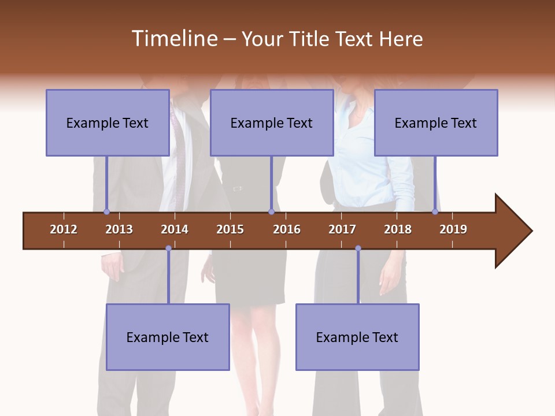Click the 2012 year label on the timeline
coord(64,229)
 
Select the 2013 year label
coord(119,229)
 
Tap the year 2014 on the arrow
coord(175,229)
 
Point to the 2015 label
coord(230,229)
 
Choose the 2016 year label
coord(287,229)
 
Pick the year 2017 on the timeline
coord(342,229)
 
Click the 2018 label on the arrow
coord(398,229)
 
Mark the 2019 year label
coord(453,229)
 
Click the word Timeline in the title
coord(174,39)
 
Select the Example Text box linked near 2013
coord(108,122)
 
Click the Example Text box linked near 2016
coord(272,122)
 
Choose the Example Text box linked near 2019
coord(436,122)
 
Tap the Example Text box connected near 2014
coord(168,337)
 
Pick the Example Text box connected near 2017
coord(357,337)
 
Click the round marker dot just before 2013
coord(106,211)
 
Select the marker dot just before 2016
coord(271,211)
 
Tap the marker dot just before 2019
coord(435,211)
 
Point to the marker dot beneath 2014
coord(168,248)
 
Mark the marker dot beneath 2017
coord(358,248)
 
